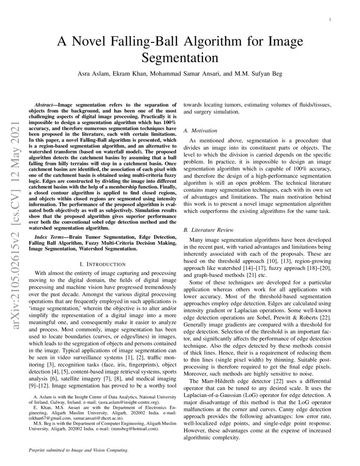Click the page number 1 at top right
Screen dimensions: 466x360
[x=330, y=20]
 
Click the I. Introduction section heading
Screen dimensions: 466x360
[x=100, y=264]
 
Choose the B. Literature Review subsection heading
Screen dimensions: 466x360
[x=208, y=230]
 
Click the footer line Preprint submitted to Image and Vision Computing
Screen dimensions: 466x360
[x=78, y=450]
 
